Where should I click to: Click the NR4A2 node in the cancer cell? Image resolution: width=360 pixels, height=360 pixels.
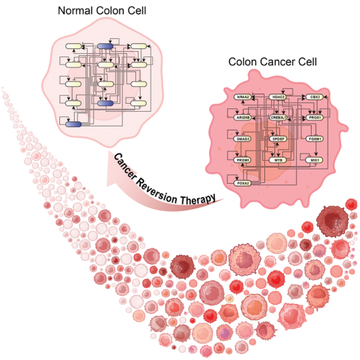pos(244,97)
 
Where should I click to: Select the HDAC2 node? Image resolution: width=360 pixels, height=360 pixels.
pos(278,97)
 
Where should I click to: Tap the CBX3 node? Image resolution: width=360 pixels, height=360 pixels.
pos(313,97)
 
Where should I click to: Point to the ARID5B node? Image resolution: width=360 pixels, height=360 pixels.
pos(244,117)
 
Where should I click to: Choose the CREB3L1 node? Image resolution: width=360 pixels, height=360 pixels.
pos(278,117)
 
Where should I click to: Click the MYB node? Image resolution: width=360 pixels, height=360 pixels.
pos(278,160)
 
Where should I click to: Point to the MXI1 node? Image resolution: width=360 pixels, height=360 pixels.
pos(313,160)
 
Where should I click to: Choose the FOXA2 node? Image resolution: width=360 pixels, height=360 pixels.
pos(244,182)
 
